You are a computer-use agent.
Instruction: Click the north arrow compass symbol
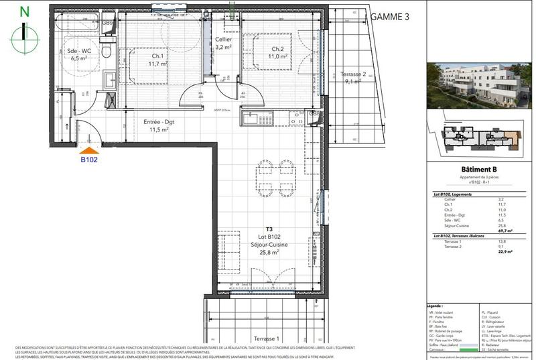coord(25,31)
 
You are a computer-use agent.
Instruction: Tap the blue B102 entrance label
coord(90,160)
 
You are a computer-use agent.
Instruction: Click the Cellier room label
coord(223,44)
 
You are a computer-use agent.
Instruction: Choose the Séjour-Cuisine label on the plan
coord(262,246)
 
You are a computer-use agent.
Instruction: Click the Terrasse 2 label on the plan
coord(352,78)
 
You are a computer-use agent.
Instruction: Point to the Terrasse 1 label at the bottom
coord(263,339)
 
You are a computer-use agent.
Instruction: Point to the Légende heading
coord(444,305)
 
